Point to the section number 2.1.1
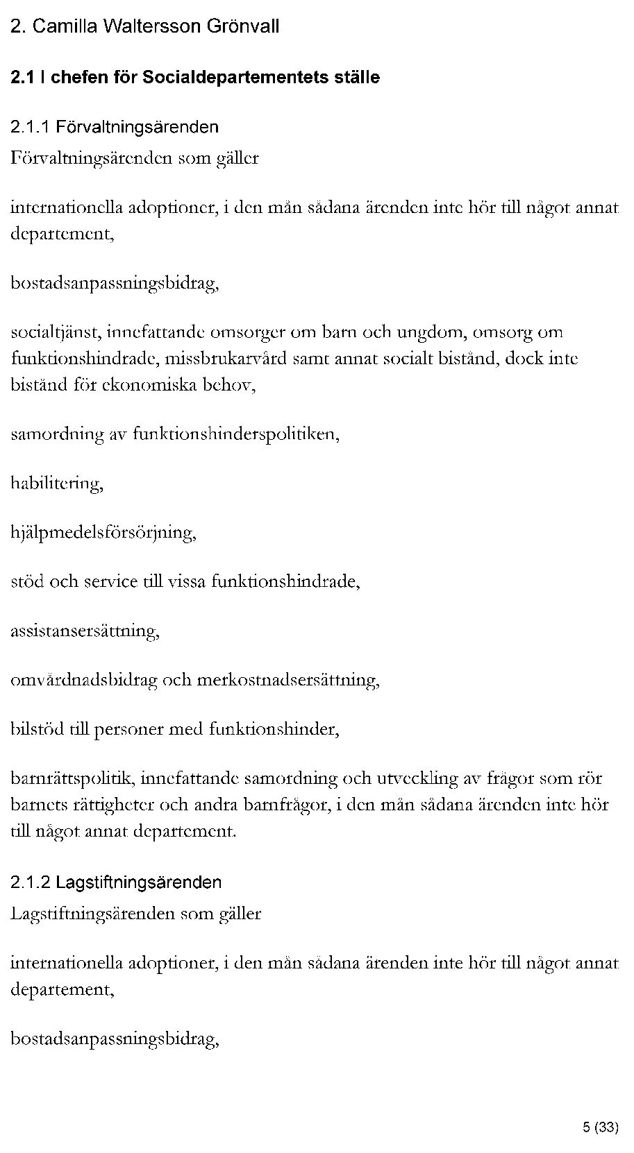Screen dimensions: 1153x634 click(31, 128)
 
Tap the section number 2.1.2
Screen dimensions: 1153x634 click(31, 882)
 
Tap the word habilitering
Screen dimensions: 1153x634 click(57, 484)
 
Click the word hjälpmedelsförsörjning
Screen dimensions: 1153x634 click(103, 533)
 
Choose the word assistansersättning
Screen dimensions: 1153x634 click(85, 631)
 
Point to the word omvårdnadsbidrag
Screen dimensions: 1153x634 click(84, 681)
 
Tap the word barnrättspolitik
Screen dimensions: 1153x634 click(74, 779)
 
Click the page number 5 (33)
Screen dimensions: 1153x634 click(600, 1127)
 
